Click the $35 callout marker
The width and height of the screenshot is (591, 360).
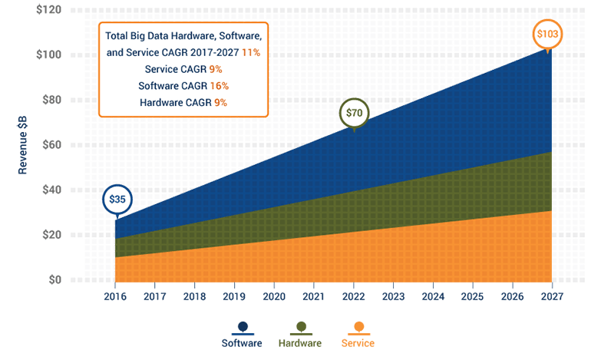click(x=117, y=200)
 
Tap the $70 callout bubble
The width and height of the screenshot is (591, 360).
click(x=354, y=113)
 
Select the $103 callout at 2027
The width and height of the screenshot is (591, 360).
click(x=548, y=34)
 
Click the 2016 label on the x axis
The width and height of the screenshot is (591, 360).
click(x=115, y=295)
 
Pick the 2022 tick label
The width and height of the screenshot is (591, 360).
click(x=354, y=295)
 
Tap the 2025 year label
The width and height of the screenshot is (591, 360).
click(x=472, y=295)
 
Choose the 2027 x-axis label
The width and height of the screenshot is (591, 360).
click(x=551, y=295)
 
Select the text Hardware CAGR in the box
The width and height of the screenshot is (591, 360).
click(x=170, y=101)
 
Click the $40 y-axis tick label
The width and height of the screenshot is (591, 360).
click(x=51, y=190)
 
